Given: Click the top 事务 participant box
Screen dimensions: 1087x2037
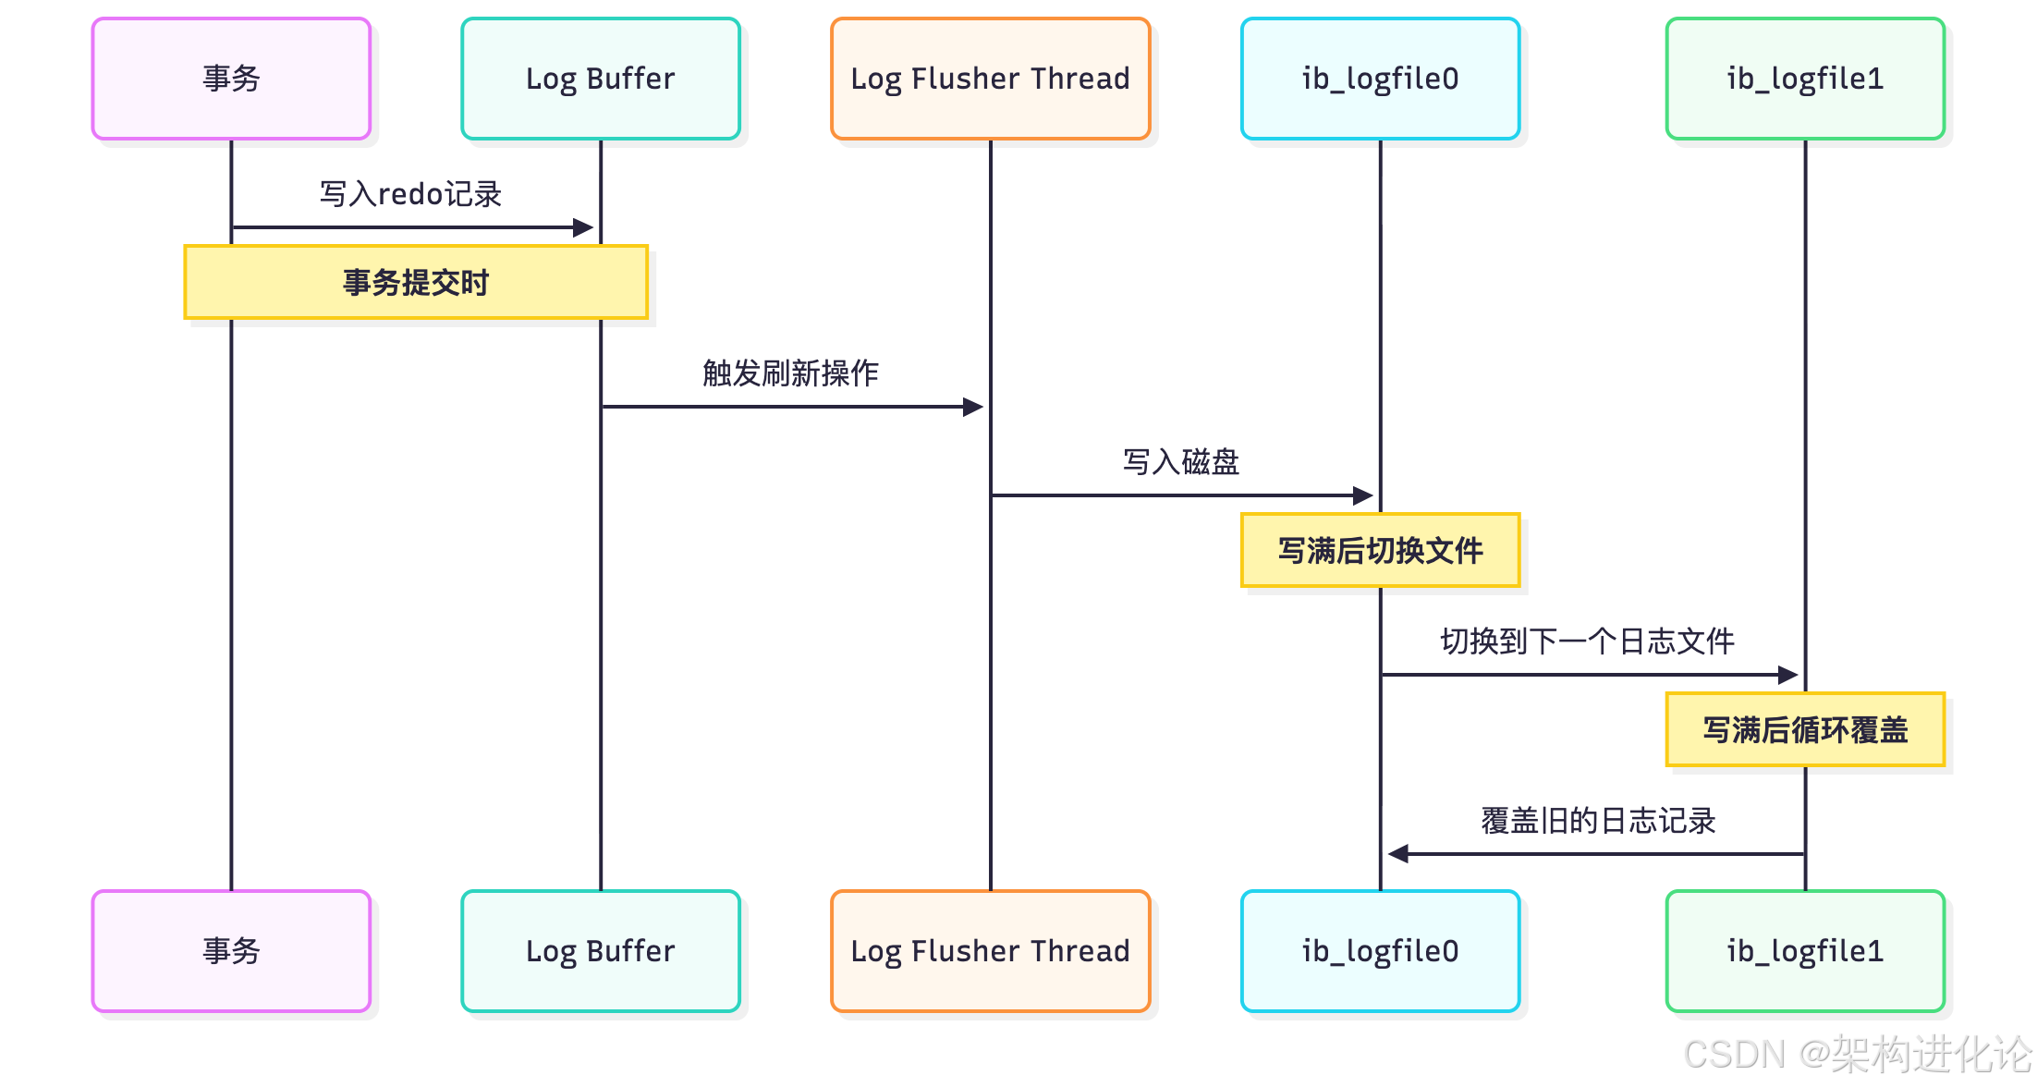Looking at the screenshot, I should pos(231,79).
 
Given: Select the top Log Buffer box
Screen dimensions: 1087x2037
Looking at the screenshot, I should pos(601,79).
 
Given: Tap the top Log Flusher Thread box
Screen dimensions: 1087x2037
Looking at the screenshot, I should pos(990,79).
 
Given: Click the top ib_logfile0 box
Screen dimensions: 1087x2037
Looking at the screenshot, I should pos(1380,79).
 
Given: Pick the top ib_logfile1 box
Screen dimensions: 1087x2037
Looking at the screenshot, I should pos(1805,79).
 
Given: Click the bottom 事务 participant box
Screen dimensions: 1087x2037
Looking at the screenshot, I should pos(231,951).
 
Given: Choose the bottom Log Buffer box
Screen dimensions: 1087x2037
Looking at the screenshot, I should pos(601,951).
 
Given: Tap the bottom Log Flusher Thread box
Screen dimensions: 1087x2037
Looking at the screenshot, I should pos(990,951).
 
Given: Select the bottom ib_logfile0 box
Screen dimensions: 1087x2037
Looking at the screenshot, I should pos(1380,951).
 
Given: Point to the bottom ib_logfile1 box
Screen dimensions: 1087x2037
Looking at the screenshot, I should pos(1805,951).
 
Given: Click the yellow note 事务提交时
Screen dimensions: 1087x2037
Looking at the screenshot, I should pos(416,282).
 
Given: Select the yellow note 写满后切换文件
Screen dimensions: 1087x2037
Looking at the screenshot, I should pos(1380,550).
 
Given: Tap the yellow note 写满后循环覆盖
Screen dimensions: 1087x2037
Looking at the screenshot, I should pos(1805,729).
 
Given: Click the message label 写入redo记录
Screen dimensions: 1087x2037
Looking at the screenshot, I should pos(410,194).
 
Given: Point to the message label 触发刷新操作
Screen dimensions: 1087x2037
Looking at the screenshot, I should pos(790,373).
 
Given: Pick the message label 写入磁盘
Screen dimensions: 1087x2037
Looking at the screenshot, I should pos(1180,462).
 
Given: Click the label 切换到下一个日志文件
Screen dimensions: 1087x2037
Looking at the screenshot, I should pos(1587,641).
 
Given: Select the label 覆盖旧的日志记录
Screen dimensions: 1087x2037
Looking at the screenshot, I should pos(1598,821).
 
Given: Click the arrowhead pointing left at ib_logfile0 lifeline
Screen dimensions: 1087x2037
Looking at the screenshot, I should pos(1397,854).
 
